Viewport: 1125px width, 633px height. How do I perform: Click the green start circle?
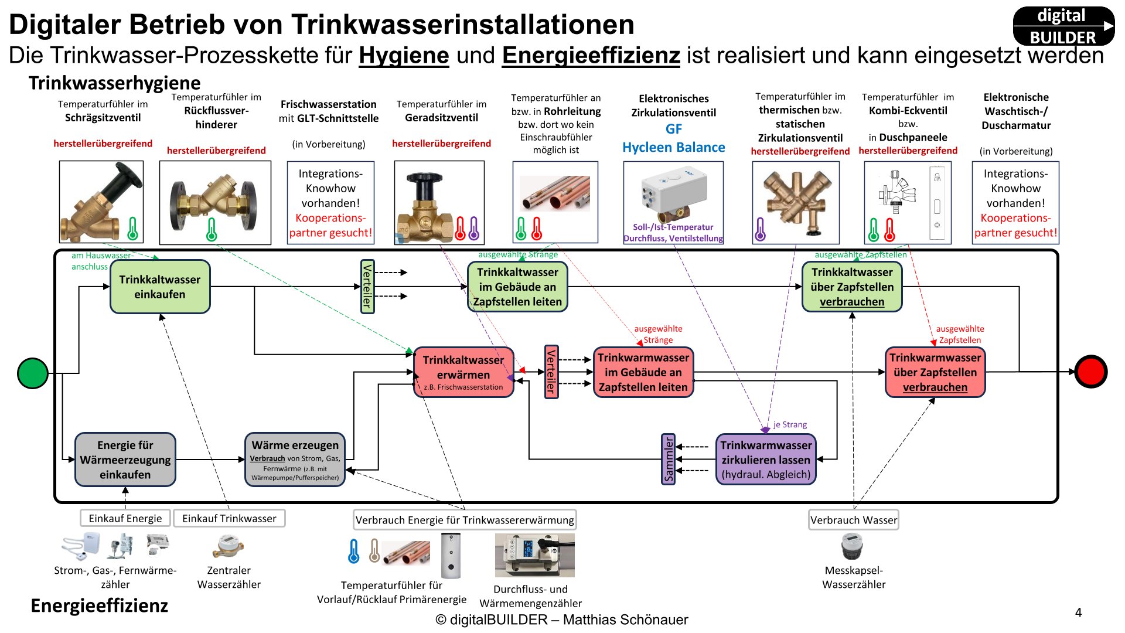pyautogui.click(x=33, y=373)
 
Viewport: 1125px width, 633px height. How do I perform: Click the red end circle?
pyautogui.click(x=1090, y=372)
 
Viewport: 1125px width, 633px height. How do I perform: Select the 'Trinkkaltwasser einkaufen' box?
pyautogui.click(x=160, y=287)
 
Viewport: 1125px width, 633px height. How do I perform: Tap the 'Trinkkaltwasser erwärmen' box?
pyautogui.click(x=463, y=372)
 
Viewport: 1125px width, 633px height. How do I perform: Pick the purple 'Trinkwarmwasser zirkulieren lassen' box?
pyautogui.click(x=766, y=460)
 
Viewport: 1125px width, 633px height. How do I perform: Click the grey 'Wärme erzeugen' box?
pyautogui.click(x=295, y=460)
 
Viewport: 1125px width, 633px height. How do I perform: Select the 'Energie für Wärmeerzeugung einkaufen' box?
pyautogui.click(x=125, y=460)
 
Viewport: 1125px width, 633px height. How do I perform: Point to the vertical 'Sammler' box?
pyautogui.click(x=668, y=460)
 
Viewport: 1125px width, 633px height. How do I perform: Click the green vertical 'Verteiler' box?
pyautogui.click(x=367, y=287)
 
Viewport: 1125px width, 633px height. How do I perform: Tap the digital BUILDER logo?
pyautogui.click(x=1063, y=26)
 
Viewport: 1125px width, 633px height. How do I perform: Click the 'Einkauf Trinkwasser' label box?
pyautogui.click(x=229, y=518)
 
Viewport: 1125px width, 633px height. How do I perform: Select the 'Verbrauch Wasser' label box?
pyautogui.click(x=853, y=520)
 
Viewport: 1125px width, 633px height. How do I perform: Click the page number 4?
pyautogui.click(x=1078, y=612)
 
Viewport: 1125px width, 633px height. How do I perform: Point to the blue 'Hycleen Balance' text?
pyautogui.click(x=673, y=147)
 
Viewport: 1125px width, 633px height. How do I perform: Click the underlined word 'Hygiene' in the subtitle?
pyautogui.click(x=404, y=56)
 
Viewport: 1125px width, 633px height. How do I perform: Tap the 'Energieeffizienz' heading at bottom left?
pyautogui.click(x=99, y=605)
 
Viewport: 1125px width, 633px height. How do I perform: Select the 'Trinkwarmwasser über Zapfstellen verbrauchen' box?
pyautogui.click(x=935, y=372)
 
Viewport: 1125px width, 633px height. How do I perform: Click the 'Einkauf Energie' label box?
pyautogui.click(x=125, y=518)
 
